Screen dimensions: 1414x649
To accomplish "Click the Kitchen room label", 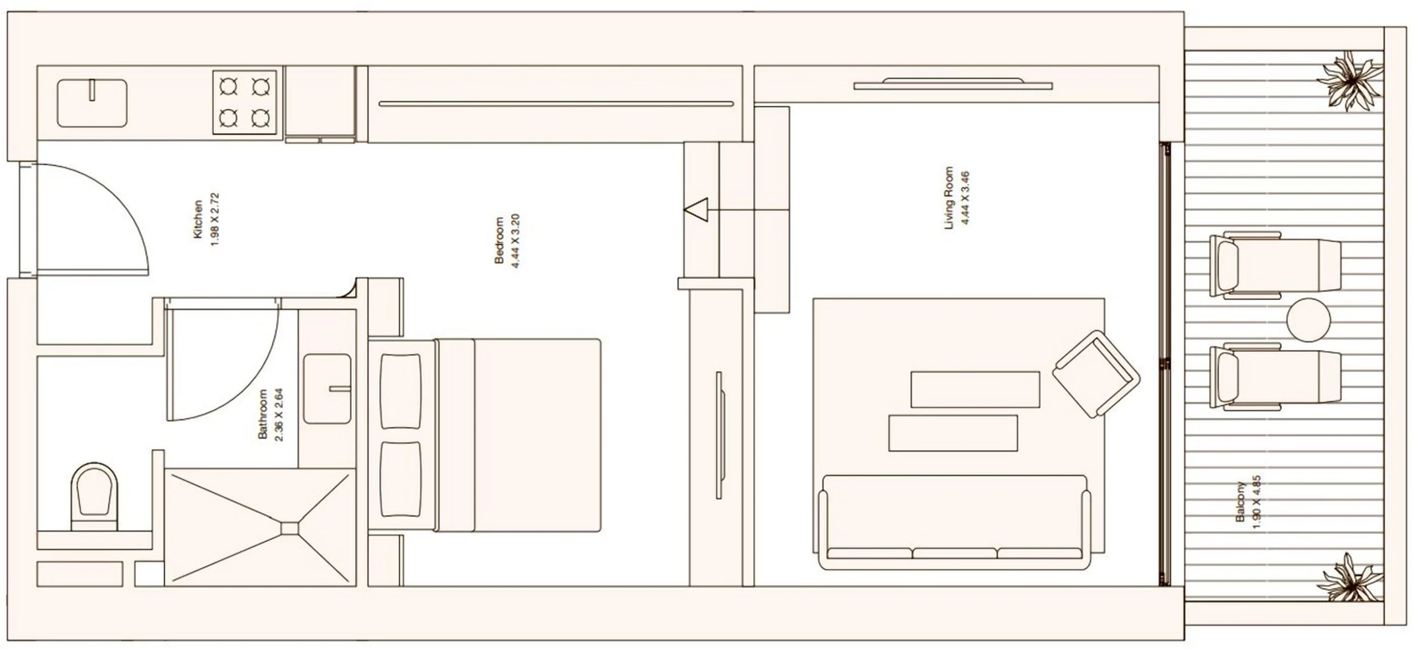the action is pyautogui.click(x=198, y=219).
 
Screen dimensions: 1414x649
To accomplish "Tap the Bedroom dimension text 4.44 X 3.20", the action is pyautogui.click(x=516, y=241).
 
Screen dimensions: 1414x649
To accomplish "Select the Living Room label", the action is pyautogui.click(x=949, y=198).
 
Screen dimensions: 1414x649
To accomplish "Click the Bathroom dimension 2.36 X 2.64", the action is pyautogui.click(x=278, y=414).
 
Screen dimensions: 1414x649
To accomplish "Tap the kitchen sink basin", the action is pyautogui.click(x=92, y=103).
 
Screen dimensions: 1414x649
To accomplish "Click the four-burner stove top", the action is pyautogui.click(x=245, y=102).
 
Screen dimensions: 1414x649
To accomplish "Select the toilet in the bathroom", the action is pyautogui.click(x=94, y=497).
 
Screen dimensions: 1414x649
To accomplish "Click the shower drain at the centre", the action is pyautogui.click(x=289, y=528).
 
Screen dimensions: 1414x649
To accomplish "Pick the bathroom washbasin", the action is pyautogui.click(x=328, y=389).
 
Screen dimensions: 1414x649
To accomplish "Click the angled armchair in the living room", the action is pyautogui.click(x=1096, y=374).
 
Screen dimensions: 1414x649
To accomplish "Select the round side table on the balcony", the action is pyautogui.click(x=1309, y=320).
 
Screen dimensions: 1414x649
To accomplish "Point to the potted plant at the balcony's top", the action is pyautogui.click(x=1350, y=82).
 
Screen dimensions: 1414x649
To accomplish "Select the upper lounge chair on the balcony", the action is pyautogui.click(x=1275, y=265).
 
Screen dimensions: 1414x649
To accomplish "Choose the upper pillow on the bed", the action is pyautogui.click(x=401, y=391).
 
